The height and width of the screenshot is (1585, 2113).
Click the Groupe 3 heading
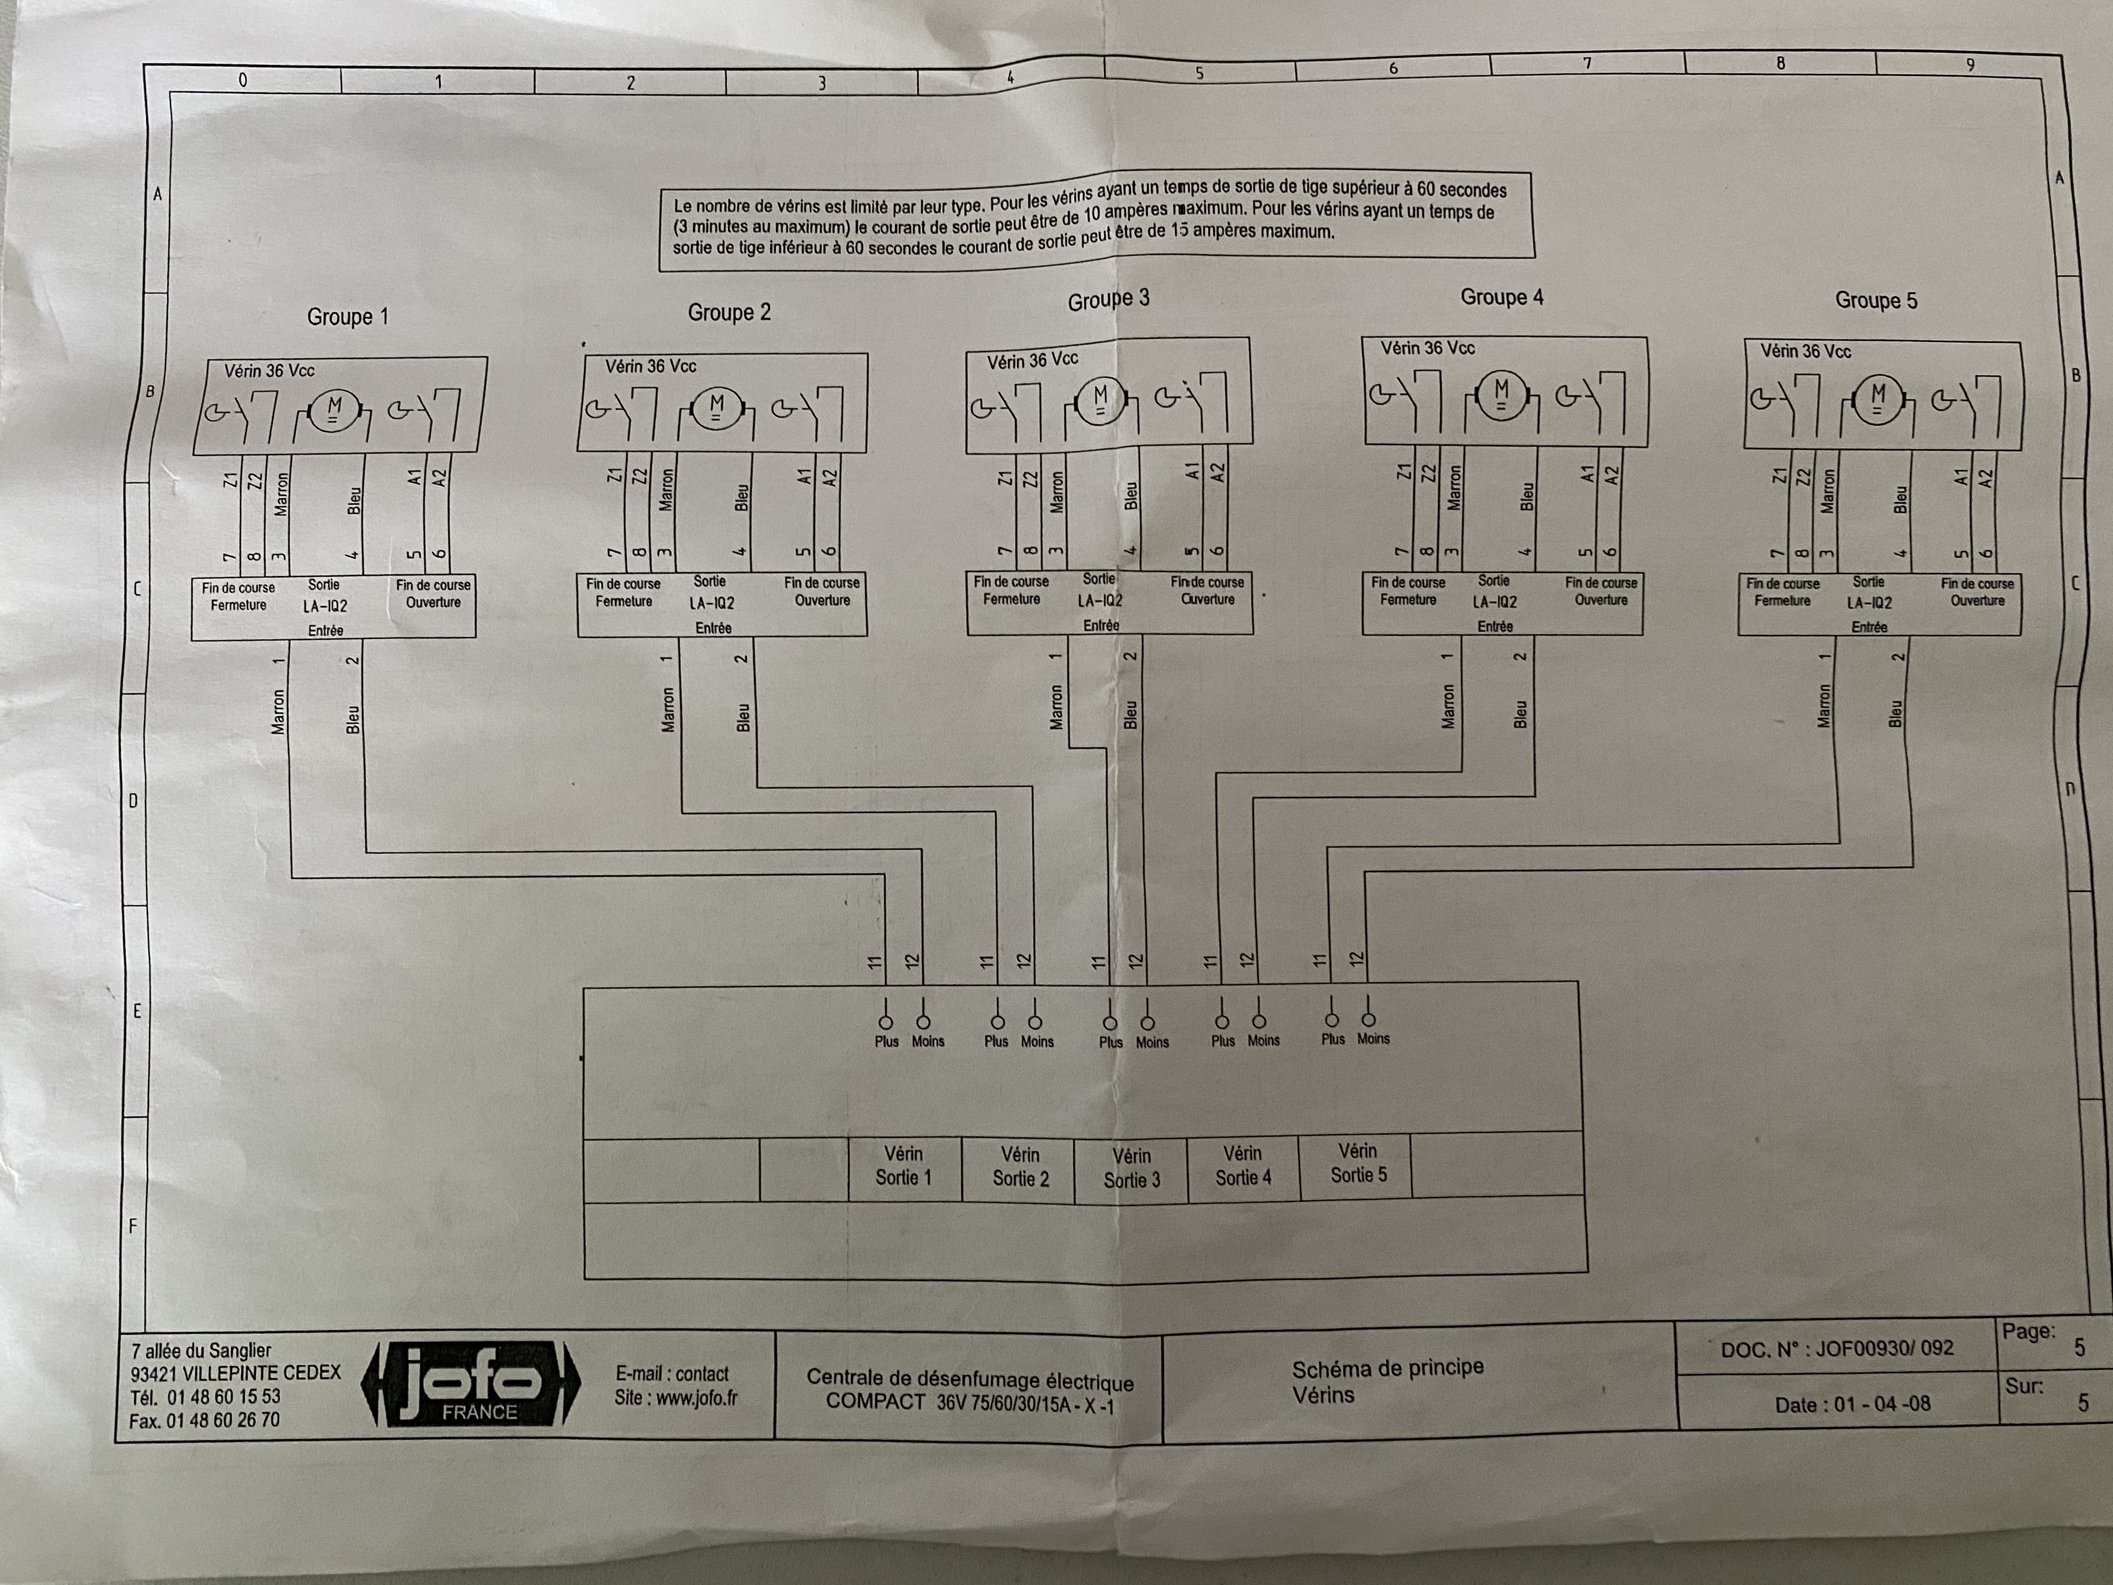1108,300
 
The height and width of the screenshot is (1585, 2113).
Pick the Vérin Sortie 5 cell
1357,1163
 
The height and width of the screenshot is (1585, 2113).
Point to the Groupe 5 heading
1875,300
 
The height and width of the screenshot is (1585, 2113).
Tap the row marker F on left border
133,1226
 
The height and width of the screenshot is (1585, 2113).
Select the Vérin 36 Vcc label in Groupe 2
650,366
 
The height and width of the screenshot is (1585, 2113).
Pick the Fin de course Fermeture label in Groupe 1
238,596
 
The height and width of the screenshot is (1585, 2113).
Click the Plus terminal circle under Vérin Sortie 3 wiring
1110,1022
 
